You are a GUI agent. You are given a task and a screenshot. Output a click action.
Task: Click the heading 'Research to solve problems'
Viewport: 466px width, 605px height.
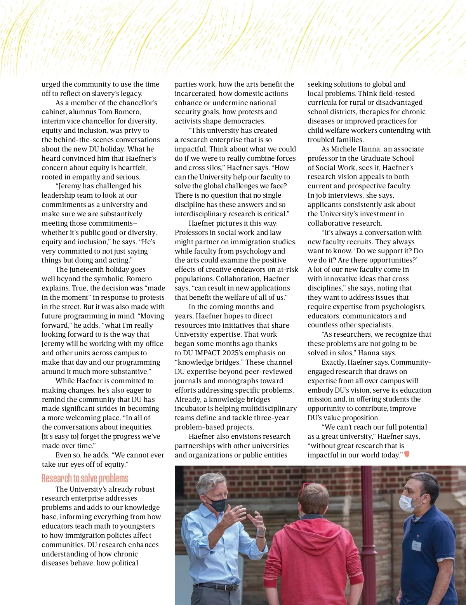tap(85, 478)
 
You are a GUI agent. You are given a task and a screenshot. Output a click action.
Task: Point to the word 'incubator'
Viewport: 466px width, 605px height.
tap(190, 409)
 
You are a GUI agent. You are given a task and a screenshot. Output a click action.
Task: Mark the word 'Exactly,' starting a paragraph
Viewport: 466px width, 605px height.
tap(334, 362)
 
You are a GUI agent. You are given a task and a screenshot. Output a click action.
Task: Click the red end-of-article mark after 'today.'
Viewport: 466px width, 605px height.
tap(407, 454)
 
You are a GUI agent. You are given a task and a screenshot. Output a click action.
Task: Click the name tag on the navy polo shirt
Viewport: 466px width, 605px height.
tap(416, 545)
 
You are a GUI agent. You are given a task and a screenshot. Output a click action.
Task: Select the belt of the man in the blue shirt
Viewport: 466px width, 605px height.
tap(217, 586)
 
